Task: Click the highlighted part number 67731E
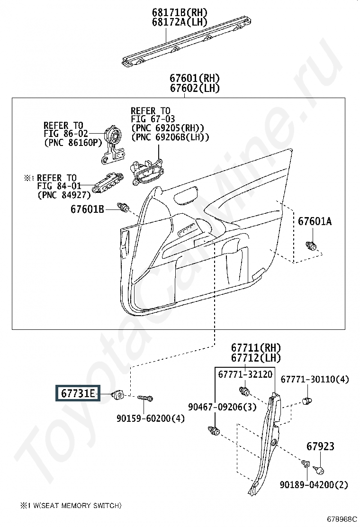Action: pyautogui.click(x=78, y=393)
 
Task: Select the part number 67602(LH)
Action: pyautogui.click(x=194, y=89)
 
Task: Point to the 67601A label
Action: pyautogui.click(x=315, y=221)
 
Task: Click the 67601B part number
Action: pyautogui.click(x=87, y=209)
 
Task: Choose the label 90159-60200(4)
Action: pyautogui.click(x=151, y=418)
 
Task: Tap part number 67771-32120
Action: pyautogui.click(x=245, y=374)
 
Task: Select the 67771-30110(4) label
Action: pyautogui.click(x=315, y=380)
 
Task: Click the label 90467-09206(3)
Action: pyautogui.click(x=222, y=407)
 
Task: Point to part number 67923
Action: pyautogui.click(x=320, y=446)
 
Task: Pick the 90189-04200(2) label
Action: pyautogui.click(x=314, y=485)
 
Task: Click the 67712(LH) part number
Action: pyautogui.click(x=256, y=358)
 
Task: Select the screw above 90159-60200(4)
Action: pyautogui.click(x=145, y=398)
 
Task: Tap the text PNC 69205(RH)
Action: pyautogui.click(x=168, y=128)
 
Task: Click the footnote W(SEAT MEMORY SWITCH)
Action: pyautogui.click(x=77, y=506)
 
